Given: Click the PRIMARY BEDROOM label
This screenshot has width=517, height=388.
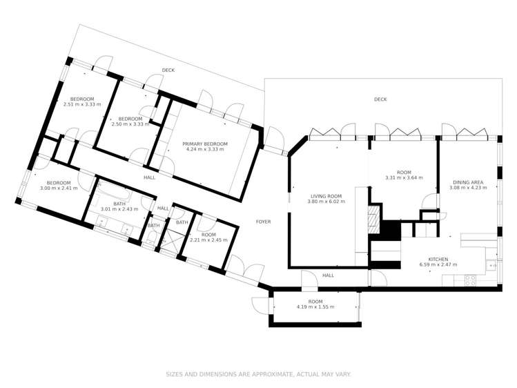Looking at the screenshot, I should tap(205, 144).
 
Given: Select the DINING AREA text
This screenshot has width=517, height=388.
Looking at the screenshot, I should tap(467, 182).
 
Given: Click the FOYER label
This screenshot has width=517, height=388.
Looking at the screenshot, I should tap(263, 222).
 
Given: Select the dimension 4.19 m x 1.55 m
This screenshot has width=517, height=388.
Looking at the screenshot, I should tap(315, 307).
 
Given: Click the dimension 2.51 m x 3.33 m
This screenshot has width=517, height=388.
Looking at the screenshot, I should tap(81, 104).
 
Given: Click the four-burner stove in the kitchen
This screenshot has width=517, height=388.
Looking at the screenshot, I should tap(470, 280).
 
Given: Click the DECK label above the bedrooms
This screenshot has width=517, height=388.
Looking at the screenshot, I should tap(168, 70).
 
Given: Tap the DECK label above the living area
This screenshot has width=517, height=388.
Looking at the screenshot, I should tap(380, 99).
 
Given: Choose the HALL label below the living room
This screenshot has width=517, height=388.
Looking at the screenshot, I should tap(328, 275).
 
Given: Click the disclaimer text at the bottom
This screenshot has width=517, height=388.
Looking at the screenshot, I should tap(258, 374).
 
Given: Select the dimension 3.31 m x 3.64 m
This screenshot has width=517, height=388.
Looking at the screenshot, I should tap(404, 177).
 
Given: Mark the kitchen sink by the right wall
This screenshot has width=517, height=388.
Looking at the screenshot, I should tap(492, 264).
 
